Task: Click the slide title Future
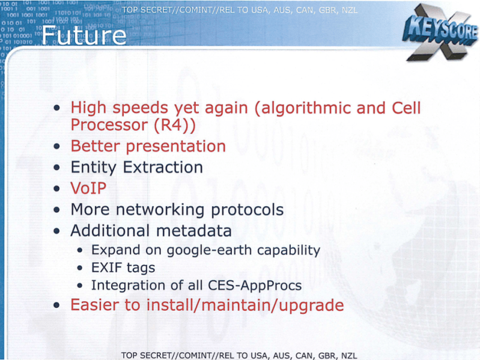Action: click(x=84, y=35)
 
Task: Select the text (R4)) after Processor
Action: click(x=174, y=125)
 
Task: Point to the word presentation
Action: click(x=176, y=147)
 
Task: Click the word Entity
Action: click(x=93, y=168)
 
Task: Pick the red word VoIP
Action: click(x=88, y=188)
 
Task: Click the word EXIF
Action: click(x=106, y=267)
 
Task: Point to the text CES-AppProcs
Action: click(x=255, y=285)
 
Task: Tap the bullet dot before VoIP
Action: click(x=56, y=188)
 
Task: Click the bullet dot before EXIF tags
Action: click(x=80, y=268)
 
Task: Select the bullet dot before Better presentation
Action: click(x=56, y=146)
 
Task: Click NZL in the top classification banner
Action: click(x=349, y=10)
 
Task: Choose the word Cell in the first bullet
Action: click(x=406, y=108)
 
